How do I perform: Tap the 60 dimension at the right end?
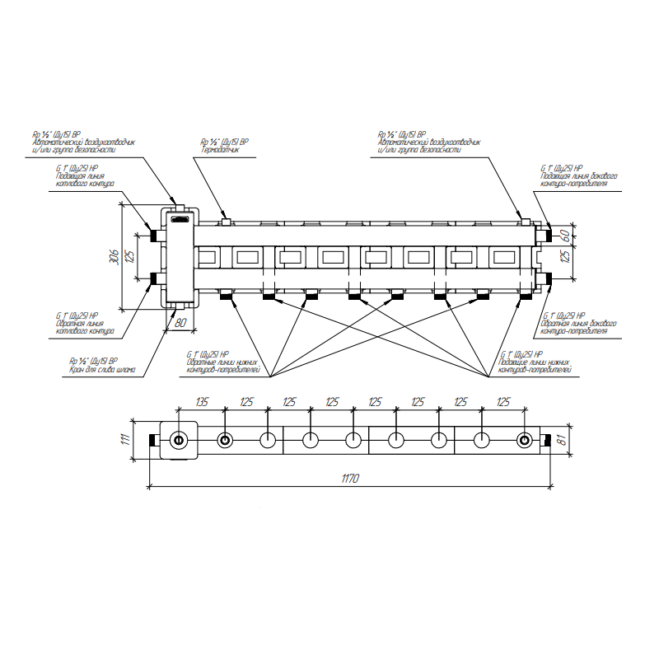(x=564, y=236)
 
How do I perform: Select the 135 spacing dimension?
(x=201, y=403)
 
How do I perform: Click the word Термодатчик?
(x=220, y=151)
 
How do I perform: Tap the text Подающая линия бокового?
(x=579, y=175)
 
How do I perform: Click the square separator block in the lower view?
(x=180, y=440)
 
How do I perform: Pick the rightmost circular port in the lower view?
(x=525, y=440)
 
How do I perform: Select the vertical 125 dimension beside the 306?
(x=129, y=256)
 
